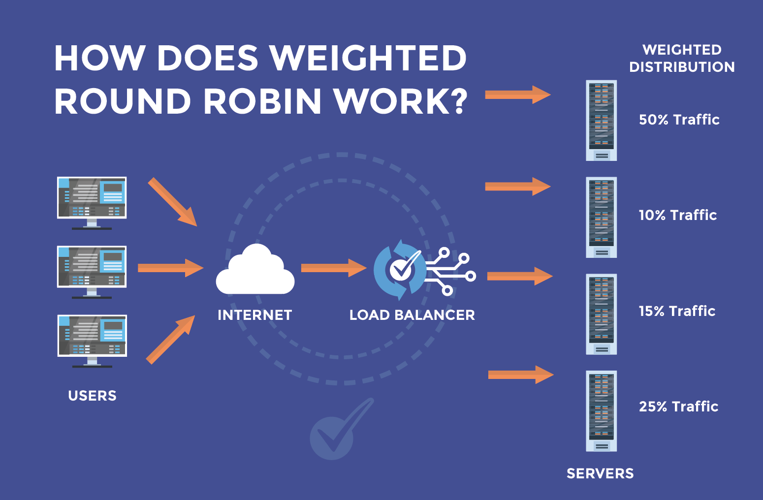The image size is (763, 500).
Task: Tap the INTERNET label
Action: (x=255, y=315)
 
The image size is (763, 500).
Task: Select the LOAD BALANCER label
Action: (x=412, y=315)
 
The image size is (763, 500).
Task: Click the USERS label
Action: (x=93, y=396)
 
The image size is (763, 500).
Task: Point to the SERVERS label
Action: (x=600, y=473)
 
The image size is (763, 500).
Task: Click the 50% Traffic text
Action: (x=679, y=120)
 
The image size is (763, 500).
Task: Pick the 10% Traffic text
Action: (x=677, y=215)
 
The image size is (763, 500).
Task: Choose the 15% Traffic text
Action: (x=677, y=311)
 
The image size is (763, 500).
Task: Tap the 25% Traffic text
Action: (x=678, y=406)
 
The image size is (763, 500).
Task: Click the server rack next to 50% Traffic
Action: (x=601, y=121)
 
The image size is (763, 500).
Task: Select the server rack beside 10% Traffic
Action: (x=601, y=217)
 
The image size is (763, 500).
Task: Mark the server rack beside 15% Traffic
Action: (x=601, y=314)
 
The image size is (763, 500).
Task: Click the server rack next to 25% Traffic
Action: (x=601, y=411)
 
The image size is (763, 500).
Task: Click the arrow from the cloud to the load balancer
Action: (x=333, y=268)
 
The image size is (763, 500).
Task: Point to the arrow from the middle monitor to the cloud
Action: (x=170, y=268)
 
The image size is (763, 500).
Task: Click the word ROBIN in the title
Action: (x=261, y=101)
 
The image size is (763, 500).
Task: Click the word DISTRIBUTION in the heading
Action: (x=682, y=67)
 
